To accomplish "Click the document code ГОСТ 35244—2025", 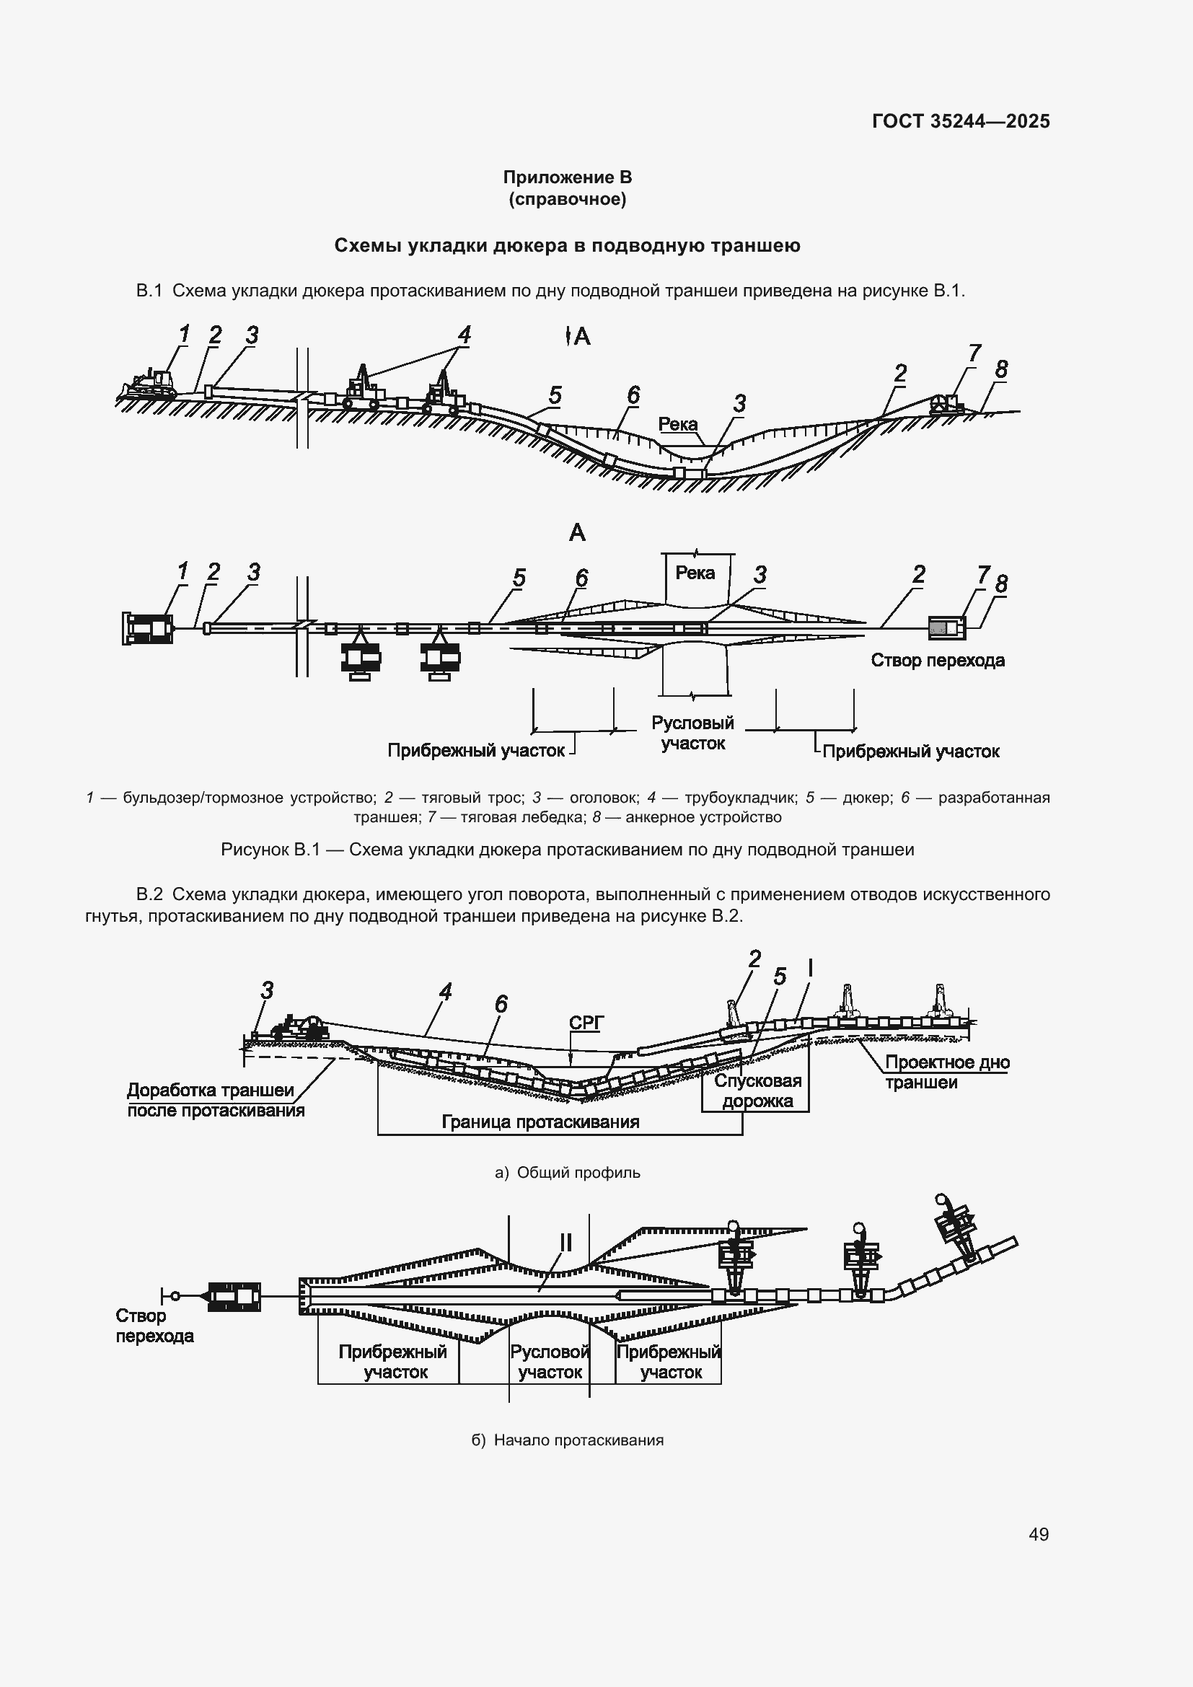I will [x=960, y=121].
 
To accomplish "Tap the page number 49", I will [x=1038, y=1534].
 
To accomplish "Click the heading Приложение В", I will [x=567, y=177].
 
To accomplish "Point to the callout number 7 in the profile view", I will [x=974, y=353].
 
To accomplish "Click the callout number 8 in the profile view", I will [x=1001, y=369].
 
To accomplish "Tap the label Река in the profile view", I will [x=677, y=424].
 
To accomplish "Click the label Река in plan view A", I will [x=694, y=573].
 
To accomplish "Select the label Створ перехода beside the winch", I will [x=938, y=660].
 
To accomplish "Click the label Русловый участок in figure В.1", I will [x=692, y=733].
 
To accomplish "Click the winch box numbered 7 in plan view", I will [x=946, y=627].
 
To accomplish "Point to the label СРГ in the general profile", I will [x=586, y=1023].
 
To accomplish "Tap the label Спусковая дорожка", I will [x=757, y=1091].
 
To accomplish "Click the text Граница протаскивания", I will [x=540, y=1122].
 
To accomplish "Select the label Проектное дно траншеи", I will [x=946, y=1072].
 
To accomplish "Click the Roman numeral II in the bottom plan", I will [x=565, y=1243].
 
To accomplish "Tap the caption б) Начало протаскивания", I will [x=567, y=1440].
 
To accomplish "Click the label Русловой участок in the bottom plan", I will [x=550, y=1362].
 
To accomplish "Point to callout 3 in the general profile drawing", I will [x=267, y=990].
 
